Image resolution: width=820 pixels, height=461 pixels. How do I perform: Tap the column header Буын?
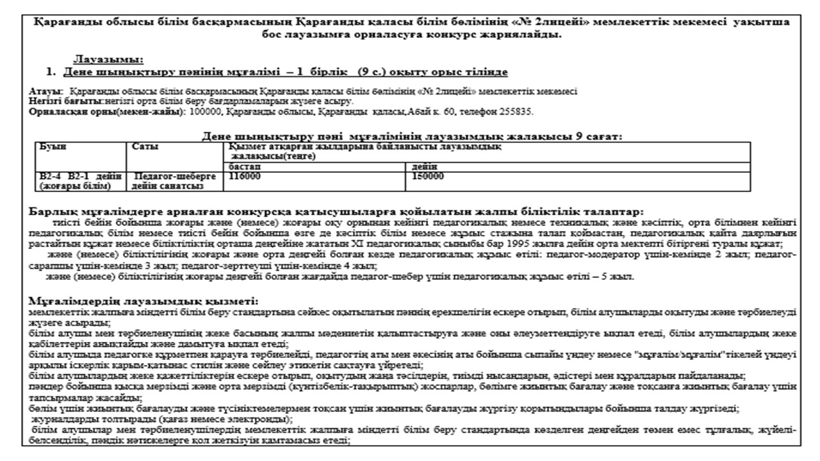pyautogui.click(x=52, y=147)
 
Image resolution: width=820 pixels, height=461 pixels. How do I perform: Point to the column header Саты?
pyautogui.click(x=145, y=147)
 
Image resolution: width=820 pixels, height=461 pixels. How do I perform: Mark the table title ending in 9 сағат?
pyautogui.click(x=412, y=136)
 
